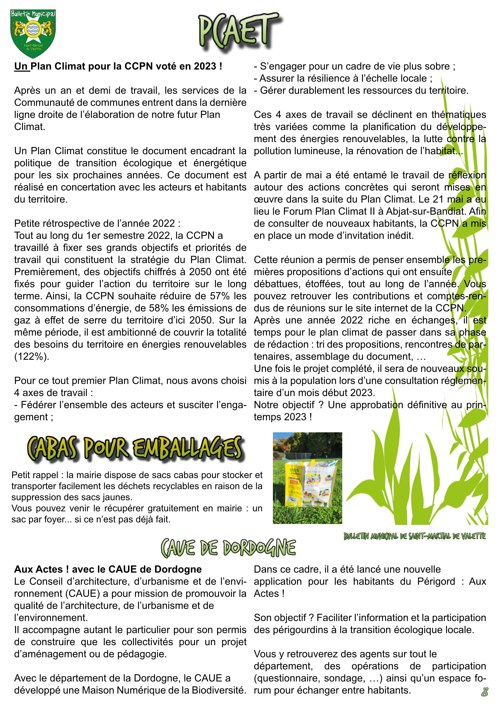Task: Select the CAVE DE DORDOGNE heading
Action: coord(228,548)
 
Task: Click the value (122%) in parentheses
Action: coord(32,356)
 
